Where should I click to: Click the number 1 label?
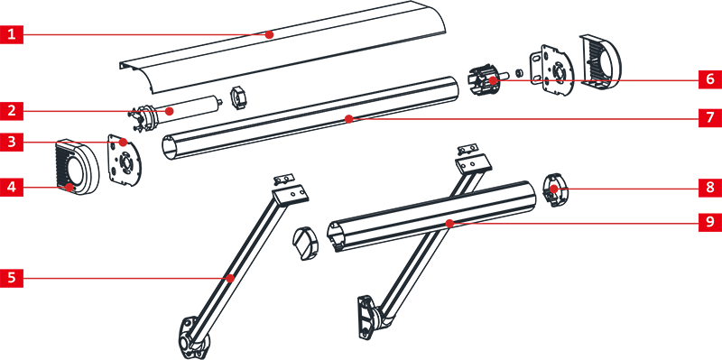click(x=11, y=34)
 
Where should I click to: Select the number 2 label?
click(x=11, y=111)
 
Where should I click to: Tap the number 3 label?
click(x=11, y=142)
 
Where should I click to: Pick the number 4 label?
click(x=11, y=188)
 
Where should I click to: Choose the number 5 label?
click(x=11, y=278)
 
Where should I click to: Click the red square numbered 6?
click(x=710, y=79)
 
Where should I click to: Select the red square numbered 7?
click(x=710, y=117)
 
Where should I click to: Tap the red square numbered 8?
click(x=710, y=188)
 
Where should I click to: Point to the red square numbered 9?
click(x=710, y=222)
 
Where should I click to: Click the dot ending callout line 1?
click(x=270, y=34)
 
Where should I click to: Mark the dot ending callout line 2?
click(x=171, y=111)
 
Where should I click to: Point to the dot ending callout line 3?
click(x=124, y=142)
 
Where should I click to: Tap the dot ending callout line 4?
click(x=69, y=188)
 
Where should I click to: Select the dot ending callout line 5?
click(x=230, y=278)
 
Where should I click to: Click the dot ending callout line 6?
click(x=493, y=80)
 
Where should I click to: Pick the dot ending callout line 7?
click(x=349, y=118)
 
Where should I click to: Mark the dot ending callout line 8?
click(x=554, y=189)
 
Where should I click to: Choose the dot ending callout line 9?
click(x=449, y=223)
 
